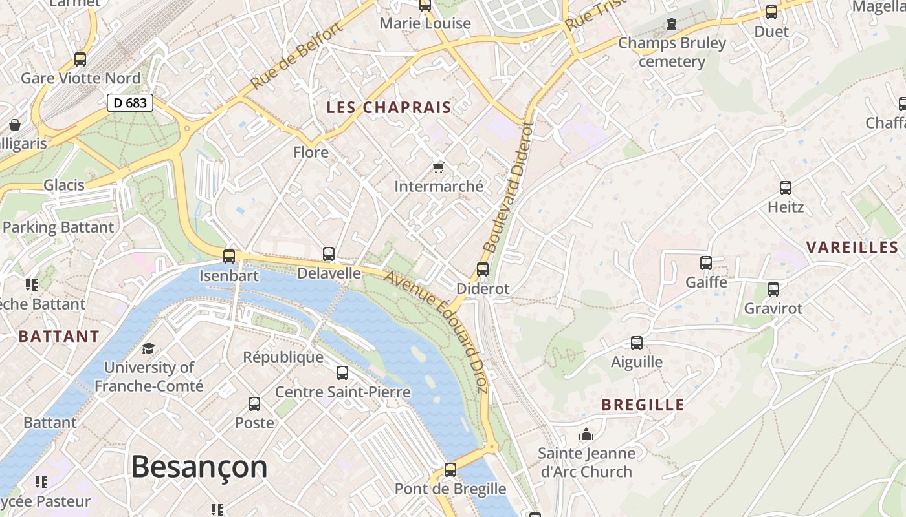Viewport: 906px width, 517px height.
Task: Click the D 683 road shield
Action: (129, 102)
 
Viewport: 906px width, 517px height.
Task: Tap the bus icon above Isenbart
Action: (229, 256)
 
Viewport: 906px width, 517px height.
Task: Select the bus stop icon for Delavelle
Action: (329, 254)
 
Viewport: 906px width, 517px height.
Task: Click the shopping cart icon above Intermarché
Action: (438, 168)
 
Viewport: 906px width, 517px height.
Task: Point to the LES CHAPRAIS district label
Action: (388, 107)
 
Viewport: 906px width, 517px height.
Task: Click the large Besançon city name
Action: (199, 467)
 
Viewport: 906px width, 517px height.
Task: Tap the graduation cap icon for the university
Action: (148, 348)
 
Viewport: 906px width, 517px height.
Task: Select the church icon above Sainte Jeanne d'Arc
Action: (586, 434)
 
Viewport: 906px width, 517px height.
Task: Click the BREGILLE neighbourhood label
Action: (643, 405)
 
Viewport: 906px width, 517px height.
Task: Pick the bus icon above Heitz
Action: (785, 188)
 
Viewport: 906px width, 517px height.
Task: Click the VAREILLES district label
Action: (853, 247)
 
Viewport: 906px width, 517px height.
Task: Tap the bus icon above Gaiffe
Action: (706, 263)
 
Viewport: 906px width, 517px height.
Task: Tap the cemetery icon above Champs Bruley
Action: (672, 25)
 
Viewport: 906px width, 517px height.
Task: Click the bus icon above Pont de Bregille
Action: (450, 470)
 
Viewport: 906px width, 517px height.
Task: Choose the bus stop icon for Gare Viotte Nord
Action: (80, 59)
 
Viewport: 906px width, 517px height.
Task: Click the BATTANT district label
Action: (59, 336)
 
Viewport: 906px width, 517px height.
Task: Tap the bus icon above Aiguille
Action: (637, 343)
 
